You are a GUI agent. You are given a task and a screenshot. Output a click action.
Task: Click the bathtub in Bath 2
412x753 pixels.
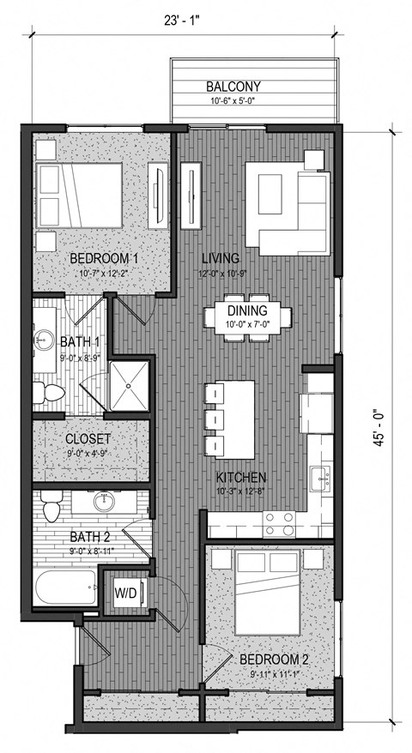67,593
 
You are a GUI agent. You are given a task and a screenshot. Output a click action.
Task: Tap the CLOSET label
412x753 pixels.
88,440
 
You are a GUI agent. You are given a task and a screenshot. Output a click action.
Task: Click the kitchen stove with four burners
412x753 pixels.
278,517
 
